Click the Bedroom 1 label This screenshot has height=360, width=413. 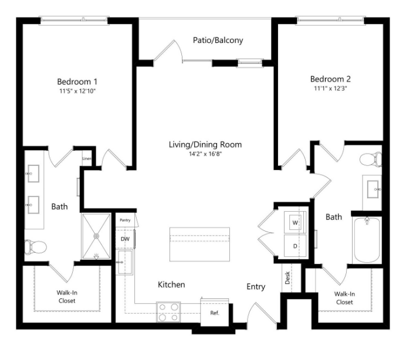tap(77, 81)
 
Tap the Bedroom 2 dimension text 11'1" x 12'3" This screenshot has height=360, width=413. tap(333, 89)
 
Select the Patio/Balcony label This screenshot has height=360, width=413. tap(218, 40)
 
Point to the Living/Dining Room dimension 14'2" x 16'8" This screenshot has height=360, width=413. tap(205, 154)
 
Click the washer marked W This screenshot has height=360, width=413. tap(295, 223)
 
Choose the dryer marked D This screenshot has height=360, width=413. tap(295, 246)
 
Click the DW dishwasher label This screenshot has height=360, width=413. tap(124, 239)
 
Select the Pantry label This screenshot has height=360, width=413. tap(125, 220)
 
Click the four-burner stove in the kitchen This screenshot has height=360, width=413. tap(168, 311)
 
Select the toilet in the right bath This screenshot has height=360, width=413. tap(370, 159)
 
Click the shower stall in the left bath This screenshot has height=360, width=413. tap(96, 236)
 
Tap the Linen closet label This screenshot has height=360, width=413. tap(87, 158)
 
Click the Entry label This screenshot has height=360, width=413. tap(256, 287)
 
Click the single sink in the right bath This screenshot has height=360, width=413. tap(373, 189)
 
